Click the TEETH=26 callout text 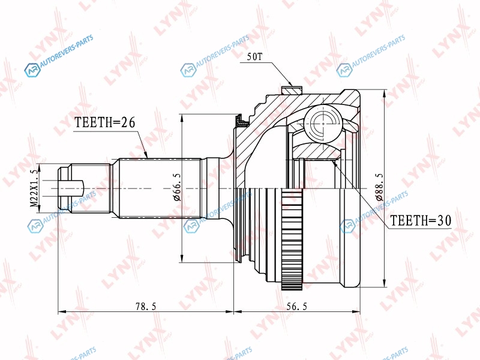(104, 122)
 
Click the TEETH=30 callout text (421, 220)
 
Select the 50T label (254, 56)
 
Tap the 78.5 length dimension (146, 306)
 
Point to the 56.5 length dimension (296, 306)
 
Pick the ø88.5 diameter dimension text (379, 187)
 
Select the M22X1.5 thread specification (35, 188)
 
